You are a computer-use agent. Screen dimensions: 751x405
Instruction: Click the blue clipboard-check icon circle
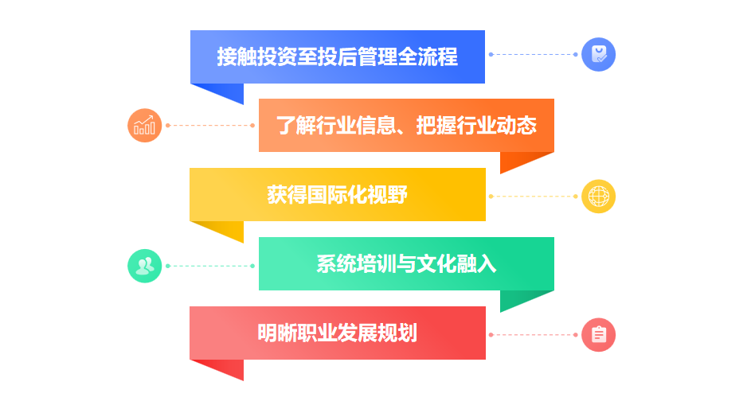tap(598, 55)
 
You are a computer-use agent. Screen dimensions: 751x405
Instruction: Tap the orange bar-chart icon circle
tap(145, 126)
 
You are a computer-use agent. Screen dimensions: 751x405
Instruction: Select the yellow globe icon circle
tap(598, 197)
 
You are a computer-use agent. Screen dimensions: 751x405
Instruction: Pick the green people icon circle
tap(145, 266)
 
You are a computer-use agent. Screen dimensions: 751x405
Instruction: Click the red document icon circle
tap(598, 335)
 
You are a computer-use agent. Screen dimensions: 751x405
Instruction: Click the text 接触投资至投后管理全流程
tap(337, 57)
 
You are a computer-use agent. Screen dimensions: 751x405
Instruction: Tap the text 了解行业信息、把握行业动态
tap(406, 126)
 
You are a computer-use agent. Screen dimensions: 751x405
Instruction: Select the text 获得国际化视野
tap(337, 195)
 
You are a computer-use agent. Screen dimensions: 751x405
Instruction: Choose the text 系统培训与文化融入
tap(406, 264)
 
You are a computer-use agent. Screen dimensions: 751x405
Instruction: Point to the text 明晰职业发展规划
tap(337, 333)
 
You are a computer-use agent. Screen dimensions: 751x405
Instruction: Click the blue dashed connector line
tap(533, 55)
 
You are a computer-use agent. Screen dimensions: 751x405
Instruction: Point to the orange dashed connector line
tap(210, 126)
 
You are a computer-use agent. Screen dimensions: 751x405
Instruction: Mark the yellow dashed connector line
tap(533, 197)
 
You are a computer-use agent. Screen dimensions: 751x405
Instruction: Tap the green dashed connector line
tap(210, 266)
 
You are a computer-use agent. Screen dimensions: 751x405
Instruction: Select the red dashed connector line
tap(533, 335)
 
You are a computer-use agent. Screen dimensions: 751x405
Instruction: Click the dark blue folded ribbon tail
tap(226, 91)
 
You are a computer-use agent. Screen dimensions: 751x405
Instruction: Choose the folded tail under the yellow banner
tap(226, 229)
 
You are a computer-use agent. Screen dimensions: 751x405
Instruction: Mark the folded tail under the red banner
tap(226, 367)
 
